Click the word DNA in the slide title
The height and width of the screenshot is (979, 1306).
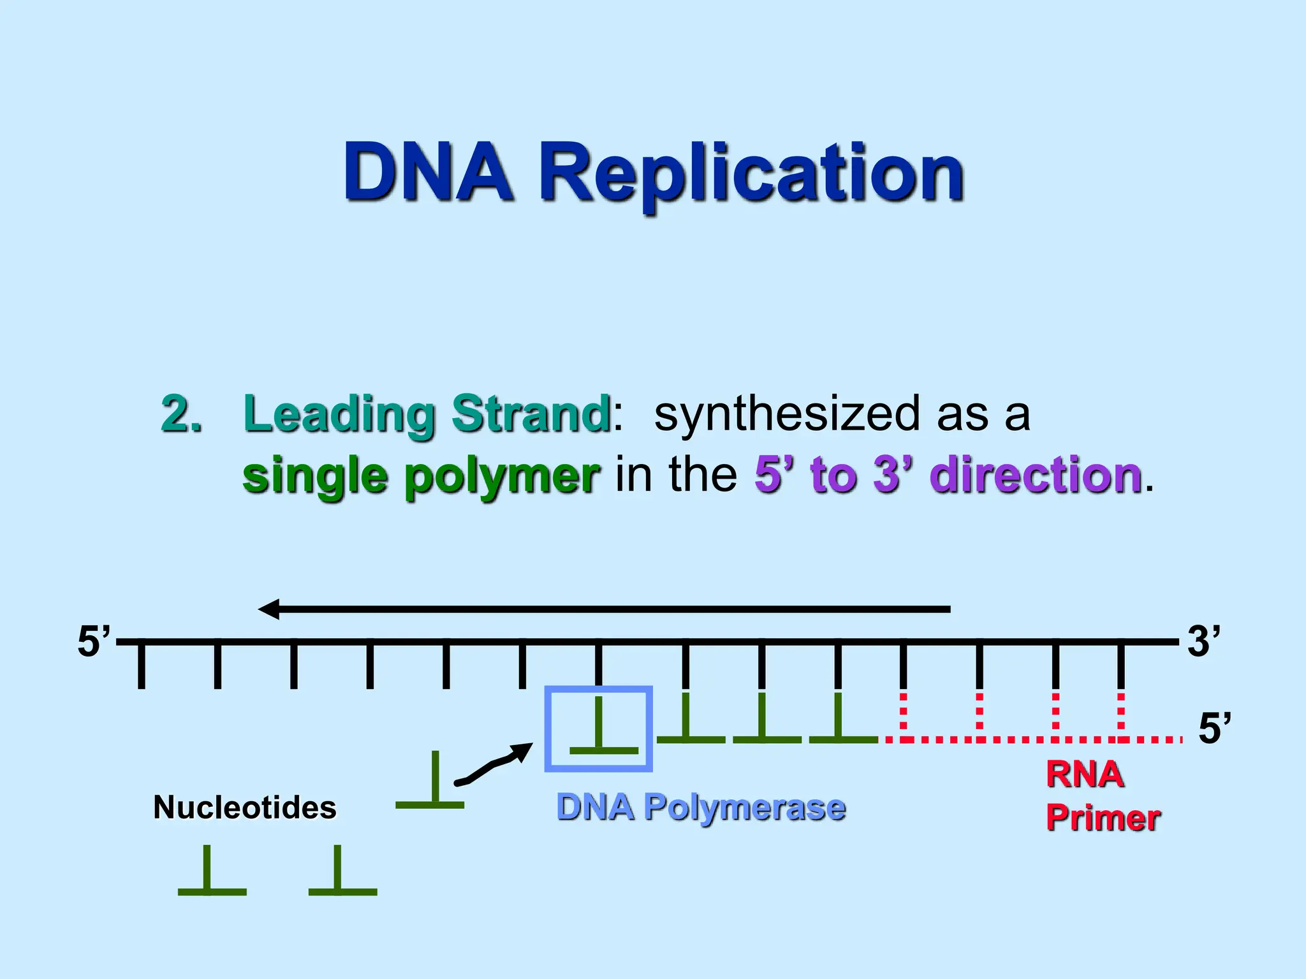(428, 172)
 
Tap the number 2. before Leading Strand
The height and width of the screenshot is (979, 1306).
(181, 414)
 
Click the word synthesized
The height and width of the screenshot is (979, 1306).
(787, 414)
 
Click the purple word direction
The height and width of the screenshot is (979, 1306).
(1036, 474)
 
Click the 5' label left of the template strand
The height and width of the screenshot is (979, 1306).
(93, 641)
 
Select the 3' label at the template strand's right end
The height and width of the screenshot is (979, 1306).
(1203, 641)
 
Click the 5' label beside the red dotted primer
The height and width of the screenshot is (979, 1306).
(1214, 729)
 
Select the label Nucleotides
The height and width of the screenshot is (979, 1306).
(244, 808)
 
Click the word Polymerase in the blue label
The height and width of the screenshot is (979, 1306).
(744, 808)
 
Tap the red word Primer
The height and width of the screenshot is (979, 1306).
(1103, 818)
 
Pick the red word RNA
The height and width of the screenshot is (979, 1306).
(1085, 775)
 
